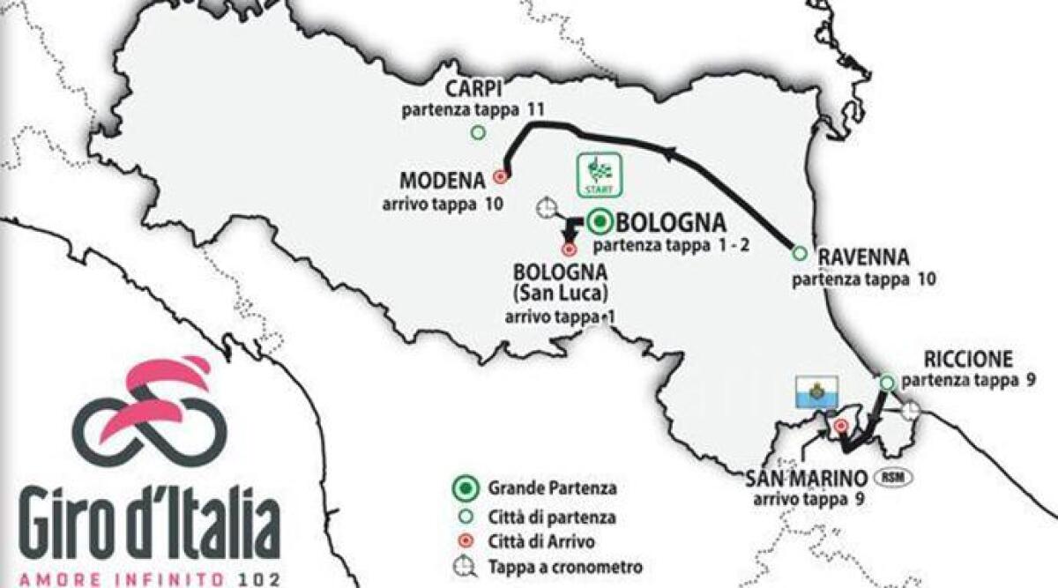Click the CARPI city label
pyautogui.click(x=474, y=90)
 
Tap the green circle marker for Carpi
pyautogui.click(x=478, y=133)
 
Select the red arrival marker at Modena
pyautogui.click(x=501, y=175)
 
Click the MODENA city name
pyautogui.click(x=443, y=181)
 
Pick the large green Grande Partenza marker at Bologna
pyautogui.click(x=600, y=220)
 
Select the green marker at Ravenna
pyautogui.click(x=800, y=253)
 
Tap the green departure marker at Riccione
pyautogui.click(x=887, y=382)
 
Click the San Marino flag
pyautogui.click(x=816, y=391)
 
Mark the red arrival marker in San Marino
pyautogui.click(x=841, y=426)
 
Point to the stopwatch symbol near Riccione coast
pyautogui.click(x=910, y=409)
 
